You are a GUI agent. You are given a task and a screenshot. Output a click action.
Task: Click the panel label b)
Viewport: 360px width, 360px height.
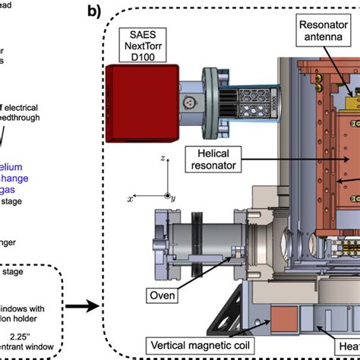96,11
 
